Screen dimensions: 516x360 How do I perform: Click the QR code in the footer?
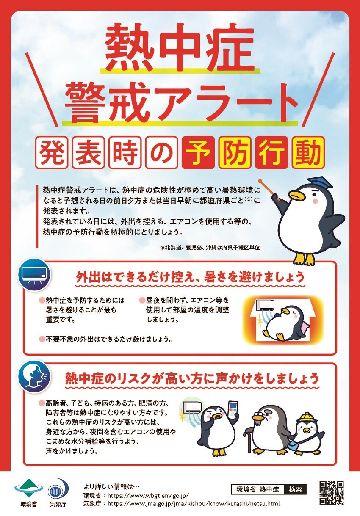pos(331,493)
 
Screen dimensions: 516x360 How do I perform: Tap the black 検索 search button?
pos(295,489)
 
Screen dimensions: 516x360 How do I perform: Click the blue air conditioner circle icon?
pos(34,275)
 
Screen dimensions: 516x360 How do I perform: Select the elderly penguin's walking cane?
pos(249,440)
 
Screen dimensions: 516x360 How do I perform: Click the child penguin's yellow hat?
pos(306,418)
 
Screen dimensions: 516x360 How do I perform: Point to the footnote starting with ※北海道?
pos(209,247)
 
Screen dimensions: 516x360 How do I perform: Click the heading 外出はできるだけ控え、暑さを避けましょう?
pos(190,277)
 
